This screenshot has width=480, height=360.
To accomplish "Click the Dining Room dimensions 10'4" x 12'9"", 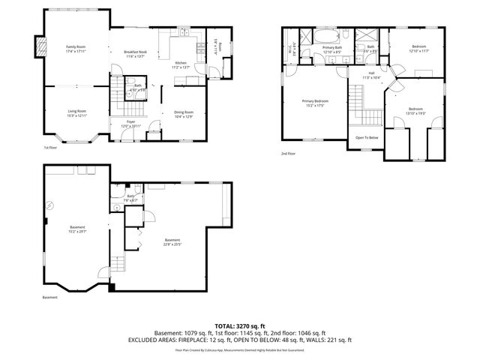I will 184,116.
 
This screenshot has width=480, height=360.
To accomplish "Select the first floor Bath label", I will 138,85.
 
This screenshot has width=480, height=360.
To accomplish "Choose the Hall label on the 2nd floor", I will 371,73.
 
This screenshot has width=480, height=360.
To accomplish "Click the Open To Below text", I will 367,137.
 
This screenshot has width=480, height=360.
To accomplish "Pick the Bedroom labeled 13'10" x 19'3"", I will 415,109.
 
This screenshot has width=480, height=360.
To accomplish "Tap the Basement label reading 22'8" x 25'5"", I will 173,240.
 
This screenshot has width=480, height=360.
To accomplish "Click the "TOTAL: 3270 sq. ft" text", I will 240,325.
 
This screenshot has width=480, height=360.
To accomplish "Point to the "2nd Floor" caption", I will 289,153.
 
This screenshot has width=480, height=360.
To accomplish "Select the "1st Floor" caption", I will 49,148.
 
